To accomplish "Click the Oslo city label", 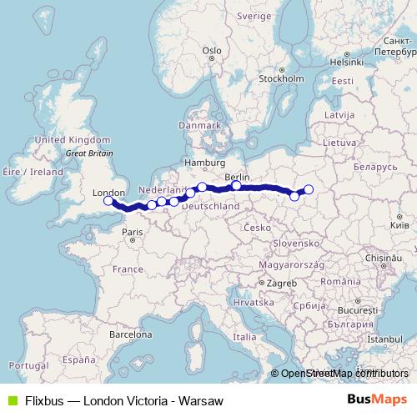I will click(x=211, y=51).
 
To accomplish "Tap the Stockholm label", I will click(x=279, y=79).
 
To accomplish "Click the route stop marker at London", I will click(x=108, y=200).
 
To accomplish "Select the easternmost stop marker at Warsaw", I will click(x=309, y=189).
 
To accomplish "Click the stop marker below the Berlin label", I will click(x=237, y=186).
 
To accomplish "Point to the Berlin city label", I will click(x=238, y=177).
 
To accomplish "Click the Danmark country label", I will click(x=198, y=125).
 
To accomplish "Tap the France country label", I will click(x=128, y=269).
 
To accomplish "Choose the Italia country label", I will click(x=244, y=337).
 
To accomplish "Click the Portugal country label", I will click(x=18, y=366).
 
